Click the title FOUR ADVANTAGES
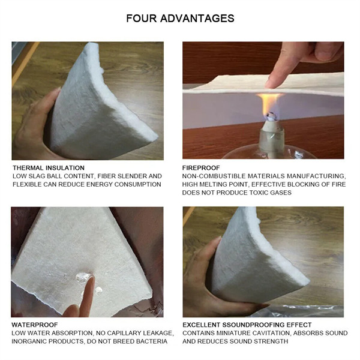point(180,19)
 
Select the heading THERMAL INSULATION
point(49,168)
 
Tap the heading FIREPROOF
point(201,168)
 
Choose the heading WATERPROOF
point(35,325)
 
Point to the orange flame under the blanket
point(269,103)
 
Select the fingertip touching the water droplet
point(90,281)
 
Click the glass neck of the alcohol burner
point(272,141)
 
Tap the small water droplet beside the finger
point(99,290)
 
